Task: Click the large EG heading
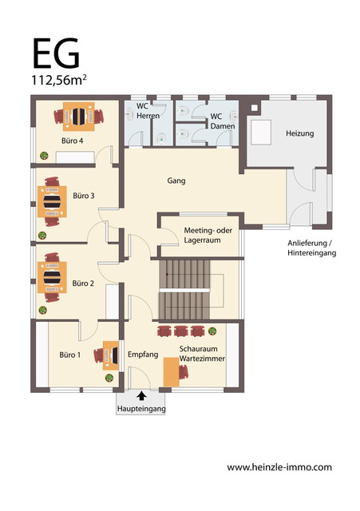tap(56, 54)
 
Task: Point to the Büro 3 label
tap(83, 196)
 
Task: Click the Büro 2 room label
tap(83, 283)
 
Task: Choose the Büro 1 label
tap(70, 354)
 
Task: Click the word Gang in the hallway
tap(176, 180)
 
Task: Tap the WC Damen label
tap(217, 121)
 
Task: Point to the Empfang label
tap(144, 354)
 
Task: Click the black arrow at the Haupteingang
tap(141, 394)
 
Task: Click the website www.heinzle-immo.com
tap(279, 467)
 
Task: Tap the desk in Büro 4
tap(78, 117)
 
